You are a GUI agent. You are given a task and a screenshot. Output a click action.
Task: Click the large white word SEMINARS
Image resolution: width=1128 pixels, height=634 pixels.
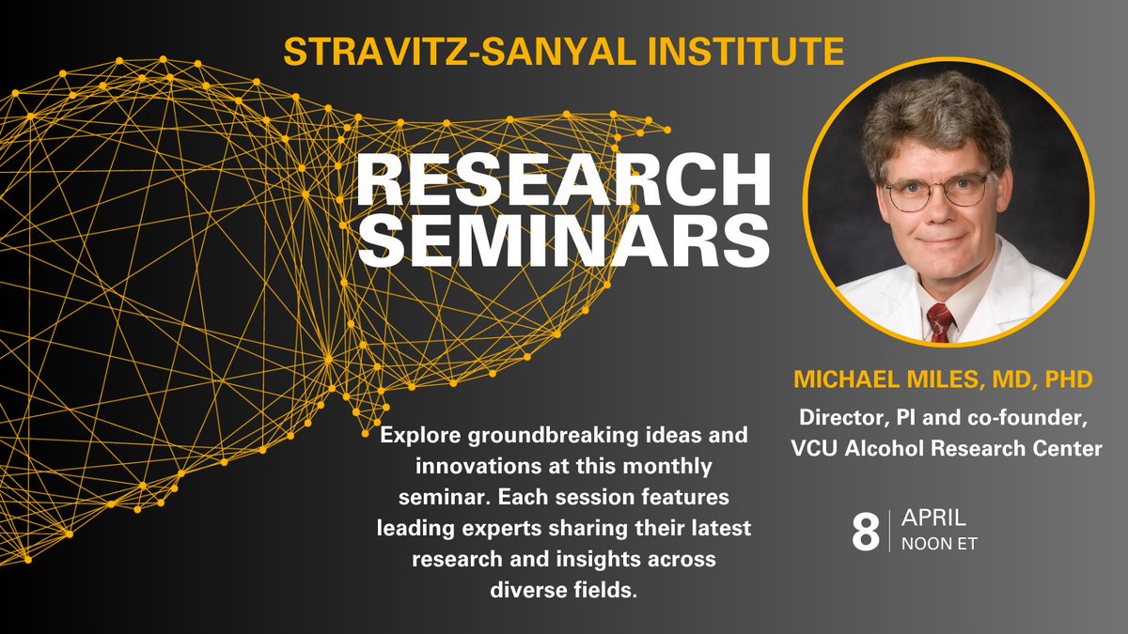[x=561, y=242]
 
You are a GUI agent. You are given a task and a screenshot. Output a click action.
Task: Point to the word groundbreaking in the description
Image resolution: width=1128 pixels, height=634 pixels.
[x=553, y=439]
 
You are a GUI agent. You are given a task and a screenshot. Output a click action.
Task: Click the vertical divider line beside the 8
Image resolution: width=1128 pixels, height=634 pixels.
[x=886, y=531]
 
